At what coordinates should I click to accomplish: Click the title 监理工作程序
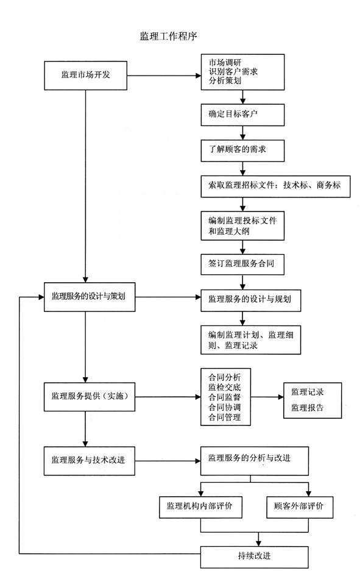(168, 36)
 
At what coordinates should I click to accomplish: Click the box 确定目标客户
(243, 114)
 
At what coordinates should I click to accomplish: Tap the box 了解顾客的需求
(243, 149)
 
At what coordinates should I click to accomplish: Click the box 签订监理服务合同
(243, 263)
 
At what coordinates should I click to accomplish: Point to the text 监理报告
(308, 407)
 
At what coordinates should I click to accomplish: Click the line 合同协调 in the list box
(225, 407)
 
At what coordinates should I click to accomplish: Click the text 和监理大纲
(228, 231)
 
